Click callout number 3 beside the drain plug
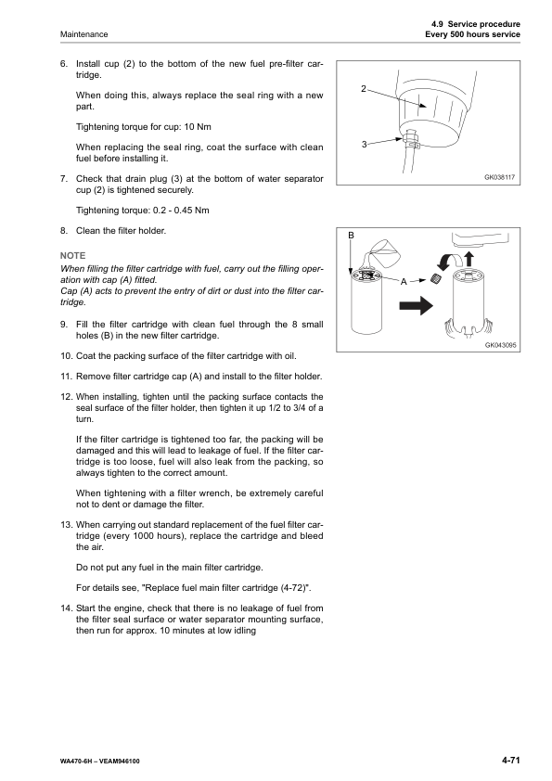[364, 144]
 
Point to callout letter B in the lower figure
[352, 236]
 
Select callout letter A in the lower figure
[404, 281]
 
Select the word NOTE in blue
[71, 255]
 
